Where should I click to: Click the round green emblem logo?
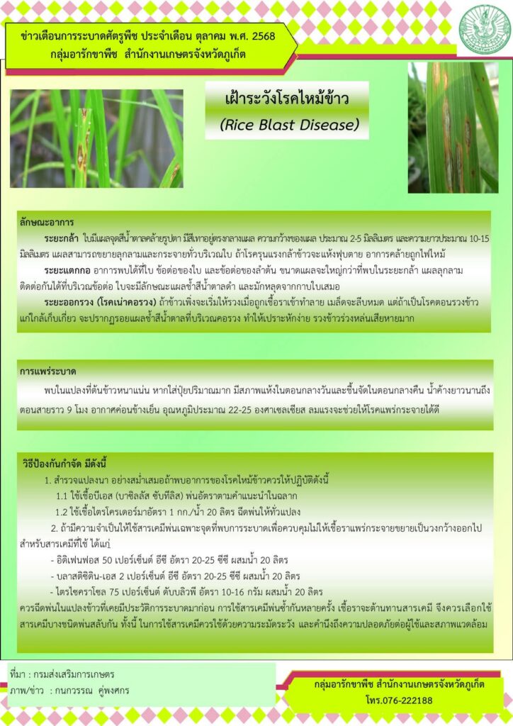point(484,30)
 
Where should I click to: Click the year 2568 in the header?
point(263,36)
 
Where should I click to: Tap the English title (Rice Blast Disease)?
point(289,125)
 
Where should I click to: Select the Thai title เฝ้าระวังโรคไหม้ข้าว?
point(287,99)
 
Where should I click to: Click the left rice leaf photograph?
point(96,138)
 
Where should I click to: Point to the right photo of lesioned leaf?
point(453,128)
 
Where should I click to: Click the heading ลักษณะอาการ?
point(47,222)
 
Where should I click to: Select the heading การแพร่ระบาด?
point(47,372)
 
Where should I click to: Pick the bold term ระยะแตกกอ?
point(67,270)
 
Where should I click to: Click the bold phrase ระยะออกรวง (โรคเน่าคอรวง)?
point(99,302)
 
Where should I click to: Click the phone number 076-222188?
point(406,700)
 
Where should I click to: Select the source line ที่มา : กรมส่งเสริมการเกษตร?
point(62,674)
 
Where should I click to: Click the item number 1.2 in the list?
point(62,512)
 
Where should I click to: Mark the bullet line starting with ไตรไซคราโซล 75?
point(186,592)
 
